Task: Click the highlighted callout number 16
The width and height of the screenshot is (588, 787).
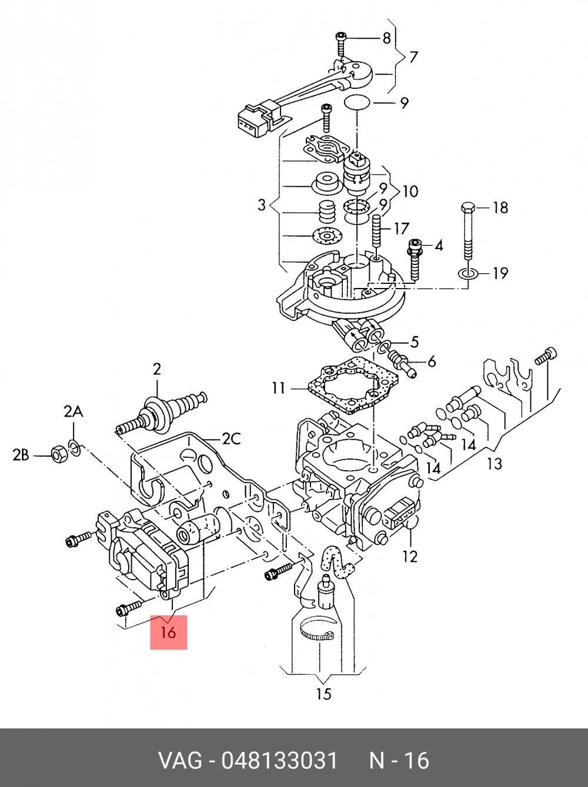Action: tap(168, 632)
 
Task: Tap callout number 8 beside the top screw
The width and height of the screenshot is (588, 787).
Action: tap(386, 38)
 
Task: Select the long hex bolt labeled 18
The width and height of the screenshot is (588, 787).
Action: tap(468, 231)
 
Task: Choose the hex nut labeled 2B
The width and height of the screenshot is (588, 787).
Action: tap(58, 455)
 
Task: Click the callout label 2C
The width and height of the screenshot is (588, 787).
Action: tap(231, 439)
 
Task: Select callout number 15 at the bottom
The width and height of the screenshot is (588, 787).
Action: tap(323, 694)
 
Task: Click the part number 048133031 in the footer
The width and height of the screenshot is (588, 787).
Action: tap(279, 760)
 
